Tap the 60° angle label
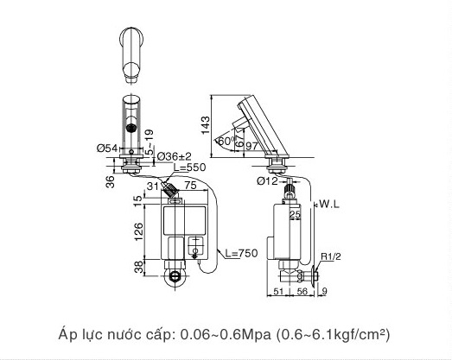[x=226, y=141]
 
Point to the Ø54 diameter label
[x=106, y=148]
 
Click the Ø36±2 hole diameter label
[x=174, y=155]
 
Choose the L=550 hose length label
[x=189, y=167]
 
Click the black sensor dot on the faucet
[x=132, y=128]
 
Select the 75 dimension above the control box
[x=189, y=185]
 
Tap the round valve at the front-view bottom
[x=176, y=278]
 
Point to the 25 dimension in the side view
[x=295, y=213]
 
